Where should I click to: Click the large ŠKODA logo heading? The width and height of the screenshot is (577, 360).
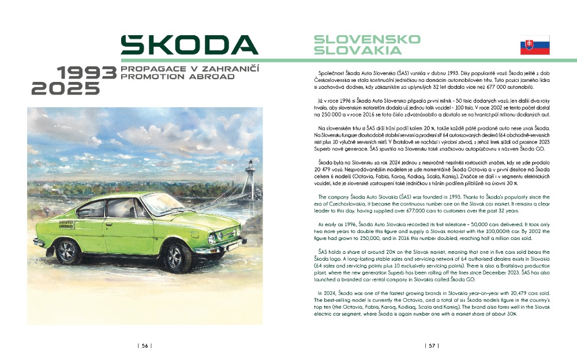point(189,45)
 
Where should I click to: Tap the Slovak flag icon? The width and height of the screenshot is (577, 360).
point(535,45)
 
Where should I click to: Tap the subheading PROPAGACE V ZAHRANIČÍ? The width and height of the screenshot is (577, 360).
point(189,69)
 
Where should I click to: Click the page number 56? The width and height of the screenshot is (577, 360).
point(145,346)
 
